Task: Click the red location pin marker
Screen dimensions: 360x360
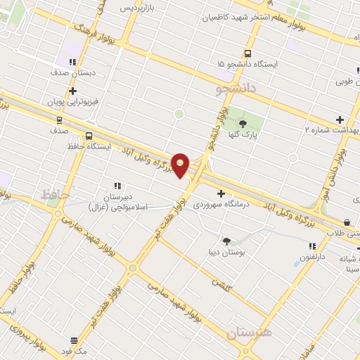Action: click(181, 165)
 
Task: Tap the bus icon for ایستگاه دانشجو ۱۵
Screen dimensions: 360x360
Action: click(247, 53)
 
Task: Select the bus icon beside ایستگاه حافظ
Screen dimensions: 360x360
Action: click(89, 136)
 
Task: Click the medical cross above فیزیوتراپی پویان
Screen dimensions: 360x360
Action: click(73, 91)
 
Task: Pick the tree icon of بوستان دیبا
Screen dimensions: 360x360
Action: click(226, 240)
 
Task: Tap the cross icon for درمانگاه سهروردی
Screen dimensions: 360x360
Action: click(221, 193)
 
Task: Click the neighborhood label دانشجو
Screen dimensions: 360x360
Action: click(233, 89)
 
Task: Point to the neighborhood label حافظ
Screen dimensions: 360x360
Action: click(56, 193)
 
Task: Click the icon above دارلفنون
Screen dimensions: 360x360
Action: click(312, 246)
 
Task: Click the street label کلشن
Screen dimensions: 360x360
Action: click(222, 285)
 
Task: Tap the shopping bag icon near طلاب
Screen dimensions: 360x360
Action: click(347, 222)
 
